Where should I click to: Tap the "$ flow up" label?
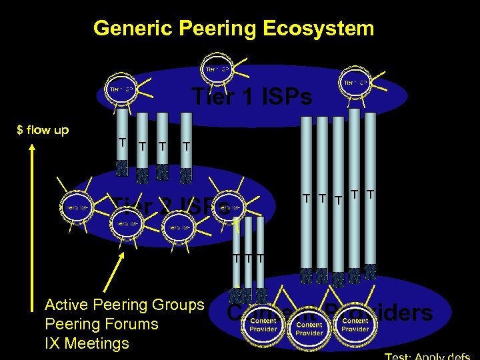point(43,130)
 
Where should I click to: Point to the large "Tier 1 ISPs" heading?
point(251,97)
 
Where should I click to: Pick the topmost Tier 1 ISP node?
point(217,69)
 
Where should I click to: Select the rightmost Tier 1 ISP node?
point(355,83)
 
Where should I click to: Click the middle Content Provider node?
point(309,329)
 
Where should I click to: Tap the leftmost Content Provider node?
point(263,324)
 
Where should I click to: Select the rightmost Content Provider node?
point(355,325)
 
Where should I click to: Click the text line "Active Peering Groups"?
point(124,305)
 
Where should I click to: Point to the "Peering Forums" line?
point(101,325)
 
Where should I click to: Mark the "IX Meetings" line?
point(87,344)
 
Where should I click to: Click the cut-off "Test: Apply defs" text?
point(429,356)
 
